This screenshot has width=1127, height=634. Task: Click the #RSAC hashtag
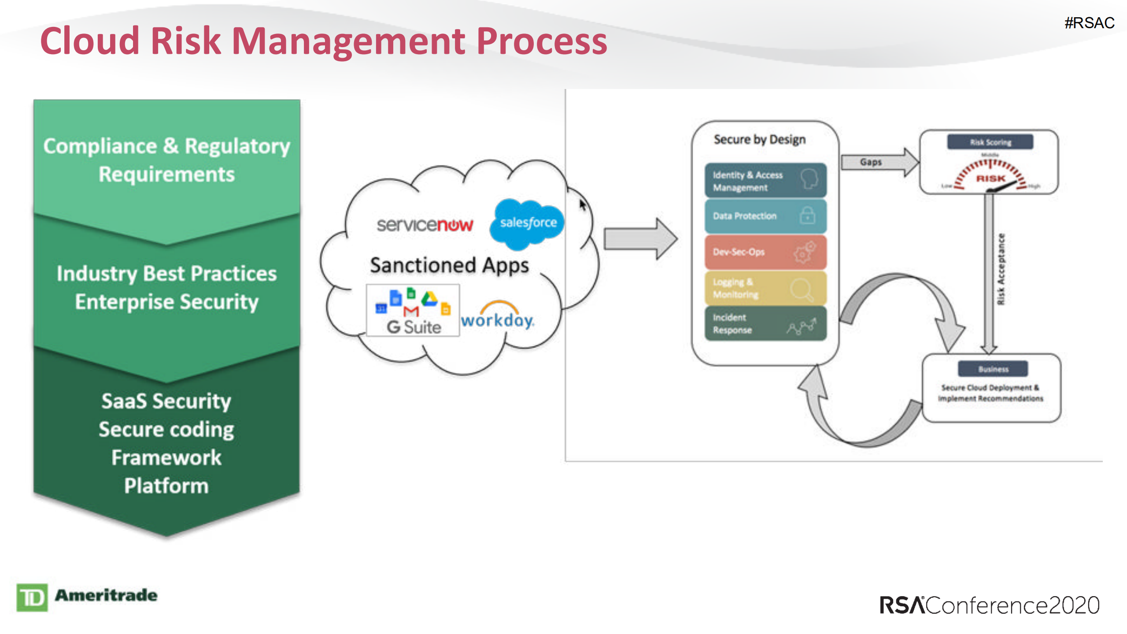[1089, 23]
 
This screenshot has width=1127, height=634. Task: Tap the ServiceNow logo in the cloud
[425, 225]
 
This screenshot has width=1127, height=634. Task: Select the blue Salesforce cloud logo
[527, 223]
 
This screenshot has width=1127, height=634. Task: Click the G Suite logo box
[413, 311]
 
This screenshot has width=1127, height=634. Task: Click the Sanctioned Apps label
[449, 265]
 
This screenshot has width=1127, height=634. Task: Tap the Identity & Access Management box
[765, 181]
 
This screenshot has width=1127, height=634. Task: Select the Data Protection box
[765, 216]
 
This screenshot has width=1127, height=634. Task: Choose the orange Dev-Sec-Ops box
[765, 252]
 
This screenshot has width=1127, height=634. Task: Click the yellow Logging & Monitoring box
[765, 288]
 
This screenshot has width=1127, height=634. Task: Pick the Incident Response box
[765, 324]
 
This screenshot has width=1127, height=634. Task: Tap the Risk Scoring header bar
[990, 142]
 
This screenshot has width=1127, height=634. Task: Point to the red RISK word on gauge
[990, 178]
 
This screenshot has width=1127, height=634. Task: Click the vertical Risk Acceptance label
[1001, 269]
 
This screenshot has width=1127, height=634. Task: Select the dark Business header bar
[993, 369]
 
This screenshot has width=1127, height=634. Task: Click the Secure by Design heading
[759, 140]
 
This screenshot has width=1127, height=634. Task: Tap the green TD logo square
[32, 597]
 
